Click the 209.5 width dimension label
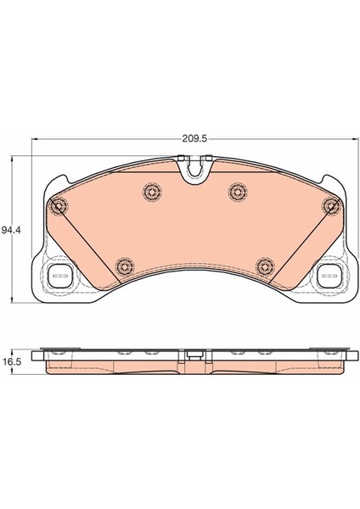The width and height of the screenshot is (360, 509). point(194,139)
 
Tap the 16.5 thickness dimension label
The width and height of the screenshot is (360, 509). point(11,361)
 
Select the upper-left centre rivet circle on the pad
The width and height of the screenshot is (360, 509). point(152,193)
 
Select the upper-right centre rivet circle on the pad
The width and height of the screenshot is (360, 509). point(238,192)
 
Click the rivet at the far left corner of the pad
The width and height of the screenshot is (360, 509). point(59,206)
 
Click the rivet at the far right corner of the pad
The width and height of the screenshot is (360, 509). point(331,205)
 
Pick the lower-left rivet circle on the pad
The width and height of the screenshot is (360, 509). point(125,267)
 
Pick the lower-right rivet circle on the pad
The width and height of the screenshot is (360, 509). point(265,266)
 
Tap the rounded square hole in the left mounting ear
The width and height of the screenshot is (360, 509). point(59,277)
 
